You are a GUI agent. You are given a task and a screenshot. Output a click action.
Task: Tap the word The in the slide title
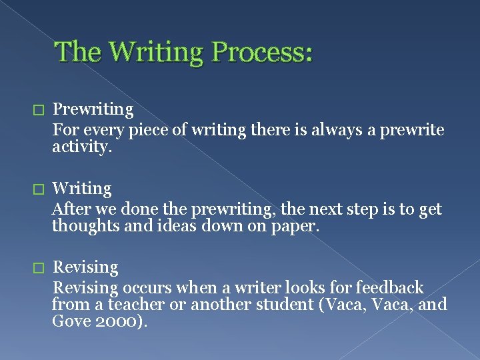(x=77, y=52)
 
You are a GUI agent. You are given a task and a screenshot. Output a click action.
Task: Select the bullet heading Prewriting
(x=93, y=109)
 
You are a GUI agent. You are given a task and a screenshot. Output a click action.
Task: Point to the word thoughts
(x=83, y=226)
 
